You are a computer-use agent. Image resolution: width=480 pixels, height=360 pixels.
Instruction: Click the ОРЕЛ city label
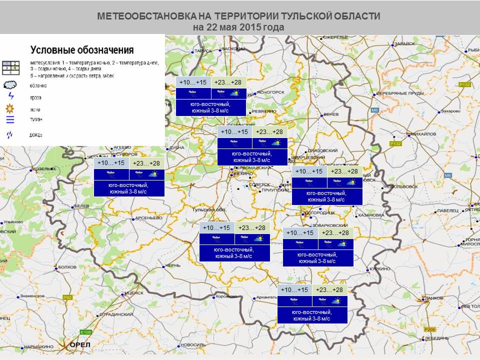pyautogui.click(x=79, y=345)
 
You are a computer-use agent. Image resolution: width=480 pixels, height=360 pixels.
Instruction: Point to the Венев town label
pyautogui.click(x=331, y=114)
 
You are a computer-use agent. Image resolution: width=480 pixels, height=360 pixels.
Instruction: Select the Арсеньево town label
pyautogui.click(x=149, y=218)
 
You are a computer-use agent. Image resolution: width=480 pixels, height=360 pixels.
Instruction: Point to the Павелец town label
pyautogui.click(x=447, y=211)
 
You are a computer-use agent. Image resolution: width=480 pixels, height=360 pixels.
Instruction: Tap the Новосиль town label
pyautogui.click(x=192, y=345)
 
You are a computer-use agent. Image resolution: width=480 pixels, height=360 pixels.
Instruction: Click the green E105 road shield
pyautogui.click(x=86, y=332)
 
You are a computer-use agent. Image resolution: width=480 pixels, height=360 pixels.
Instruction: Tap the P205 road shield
pyautogui.click(x=429, y=329)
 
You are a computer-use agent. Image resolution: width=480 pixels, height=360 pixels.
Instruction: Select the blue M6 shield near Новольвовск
pyautogui.click(x=448, y=175)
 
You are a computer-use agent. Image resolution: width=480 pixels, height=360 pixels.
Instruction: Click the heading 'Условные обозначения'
pyautogui.click(x=82, y=50)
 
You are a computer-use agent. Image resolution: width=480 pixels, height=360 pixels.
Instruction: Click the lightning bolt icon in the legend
pyautogui.click(x=10, y=96)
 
